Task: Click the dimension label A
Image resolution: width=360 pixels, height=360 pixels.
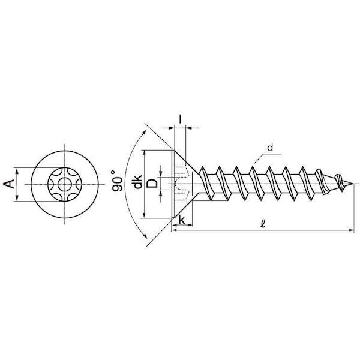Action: click(x=9, y=184)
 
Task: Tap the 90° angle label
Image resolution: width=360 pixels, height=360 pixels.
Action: click(x=117, y=181)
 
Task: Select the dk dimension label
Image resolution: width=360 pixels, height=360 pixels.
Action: click(x=138, y=182)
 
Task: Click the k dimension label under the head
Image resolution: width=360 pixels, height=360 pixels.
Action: click(x=182, y=220)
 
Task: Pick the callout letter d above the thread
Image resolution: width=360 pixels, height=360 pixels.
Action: click(x=270, y=148)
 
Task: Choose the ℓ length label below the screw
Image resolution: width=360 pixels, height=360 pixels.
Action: click(x=263, y=223)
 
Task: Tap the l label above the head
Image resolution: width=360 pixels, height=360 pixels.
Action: click(x=180, y=119)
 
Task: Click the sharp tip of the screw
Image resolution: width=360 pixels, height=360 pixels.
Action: click(x=353, y=184)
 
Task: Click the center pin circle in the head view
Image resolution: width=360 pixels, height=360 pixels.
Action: click(x=65, y=184)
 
